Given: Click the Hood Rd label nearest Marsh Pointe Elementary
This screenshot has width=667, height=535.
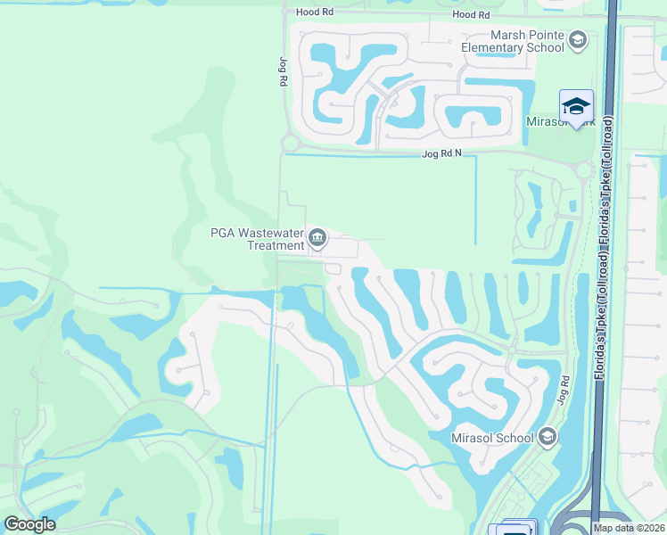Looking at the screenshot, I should [471, 15].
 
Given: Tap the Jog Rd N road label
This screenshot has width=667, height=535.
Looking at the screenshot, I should [441, 154].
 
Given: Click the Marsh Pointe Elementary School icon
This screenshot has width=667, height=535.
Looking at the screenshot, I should [578, 40].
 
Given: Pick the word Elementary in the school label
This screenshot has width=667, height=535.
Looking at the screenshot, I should [495, 47].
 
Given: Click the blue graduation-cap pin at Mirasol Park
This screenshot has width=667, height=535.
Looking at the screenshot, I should [576, 106].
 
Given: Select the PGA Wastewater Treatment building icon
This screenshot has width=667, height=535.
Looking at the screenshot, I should [317, 238].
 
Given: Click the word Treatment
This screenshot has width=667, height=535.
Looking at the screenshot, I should [275, 245].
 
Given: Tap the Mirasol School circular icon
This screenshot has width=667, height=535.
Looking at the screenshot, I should [547, 437].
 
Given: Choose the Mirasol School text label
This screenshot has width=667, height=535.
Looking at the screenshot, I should [492, 438].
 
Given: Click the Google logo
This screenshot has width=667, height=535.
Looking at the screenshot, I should [29, 523].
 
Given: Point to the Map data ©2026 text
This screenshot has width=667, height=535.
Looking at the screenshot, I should [629, 528].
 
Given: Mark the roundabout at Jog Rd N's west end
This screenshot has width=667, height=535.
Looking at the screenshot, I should [290, 143].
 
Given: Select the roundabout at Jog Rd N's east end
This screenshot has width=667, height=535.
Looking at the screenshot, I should [584, 170].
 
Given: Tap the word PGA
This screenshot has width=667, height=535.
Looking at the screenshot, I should [222, 233].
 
